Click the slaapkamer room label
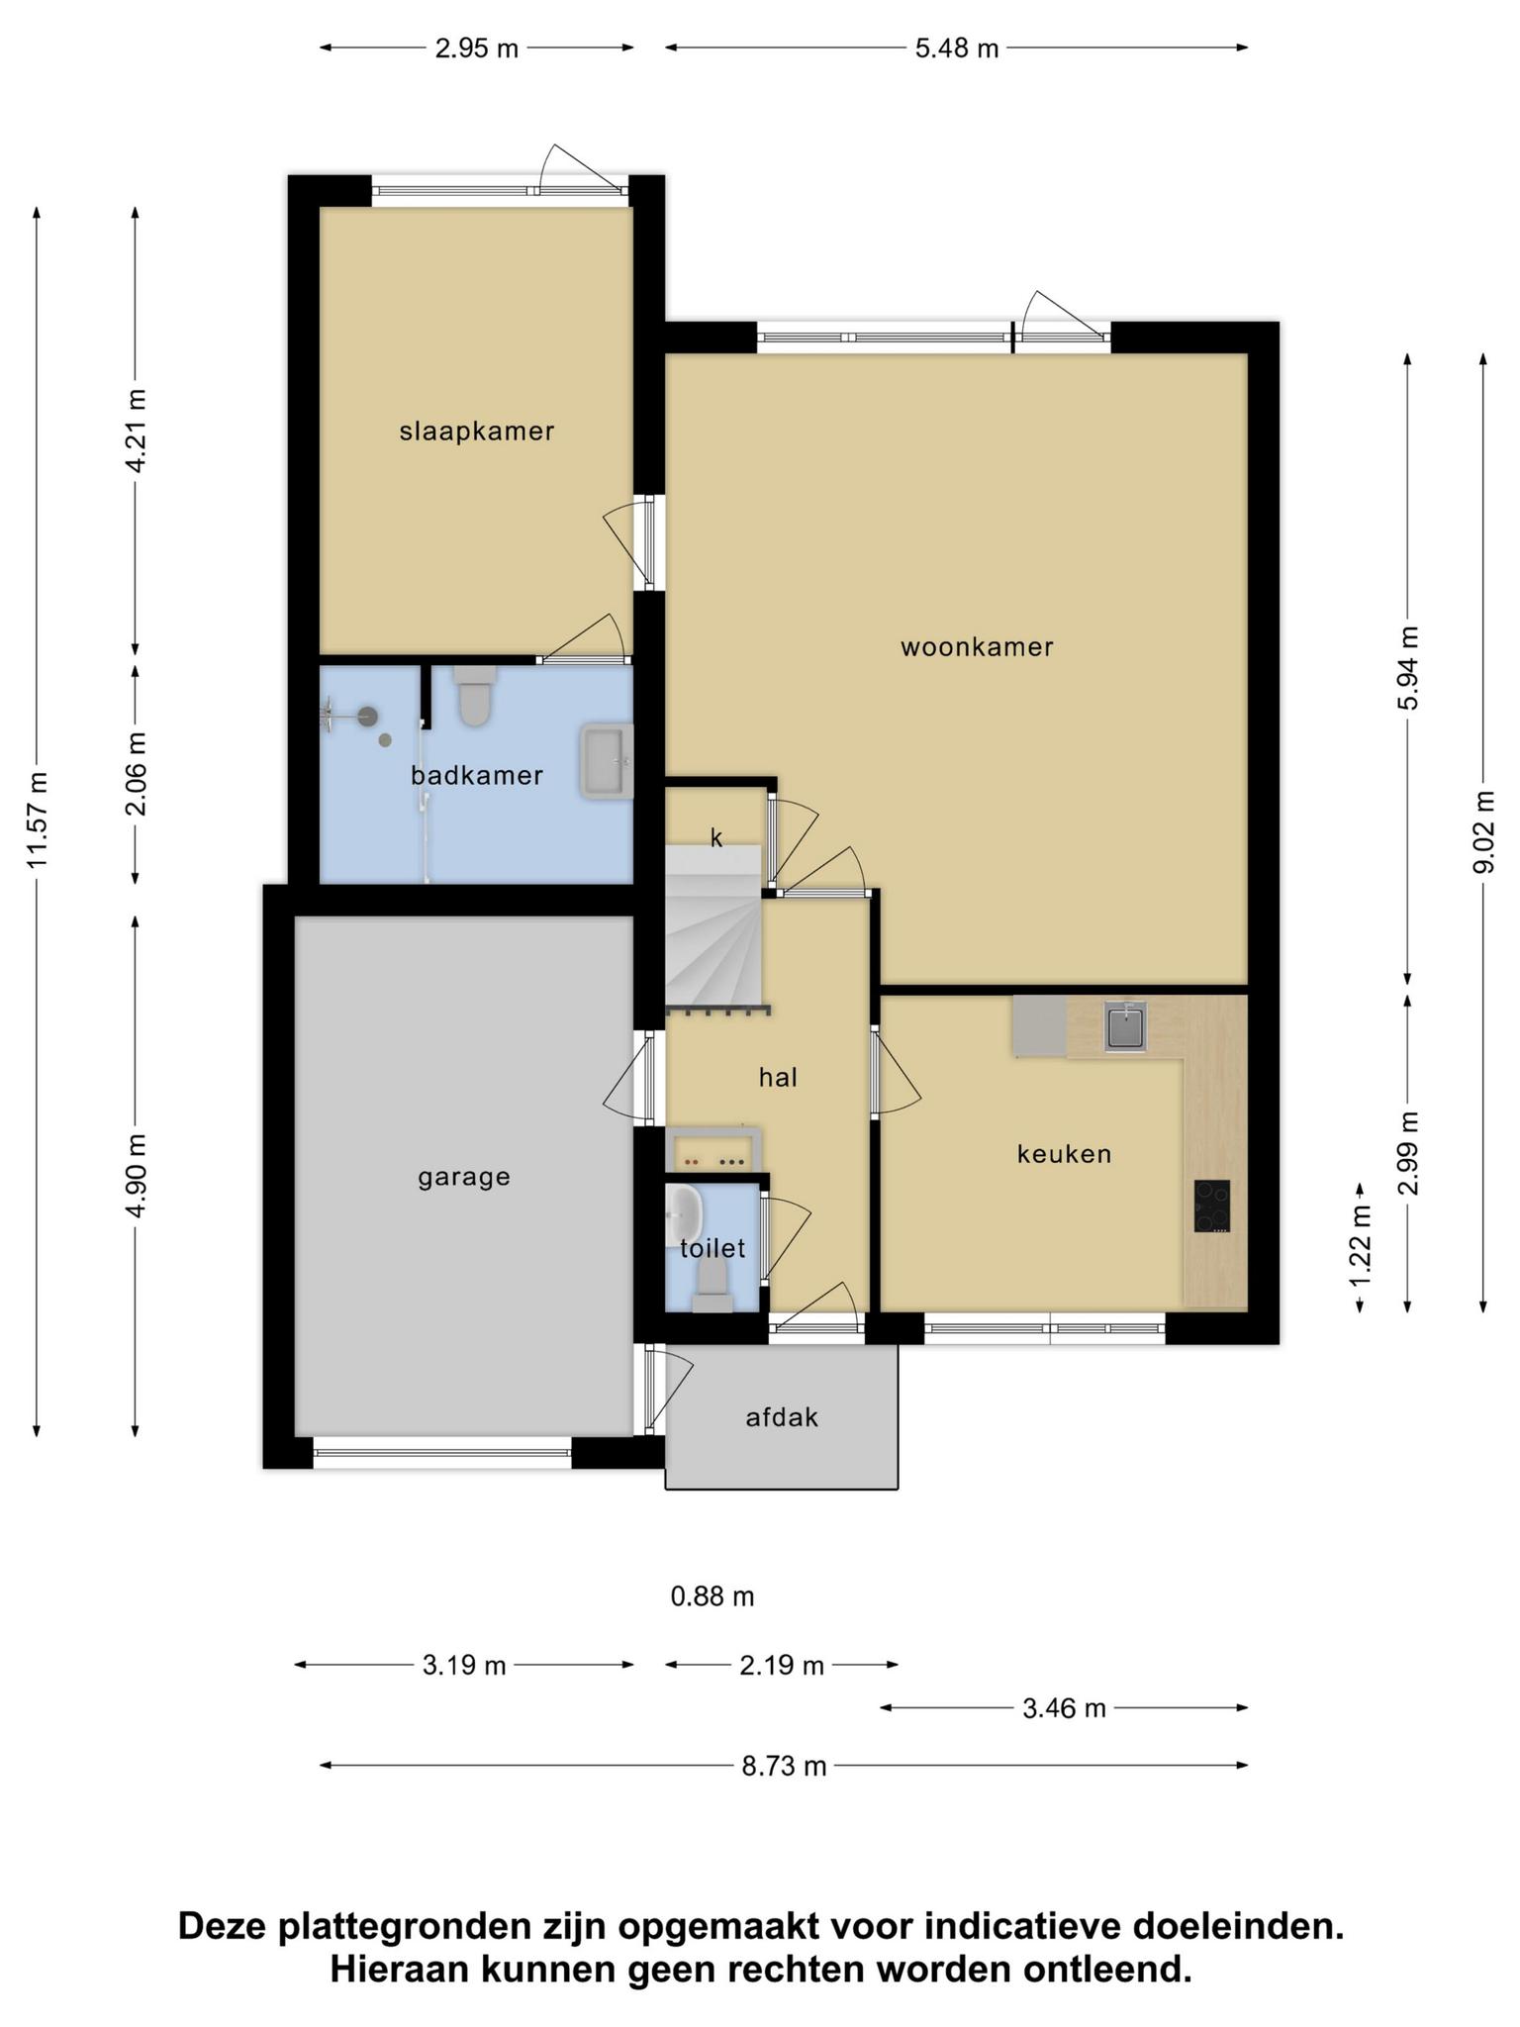pyautogui.click(x=476, y=432)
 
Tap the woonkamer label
pyautogui.click(x=977, y=647)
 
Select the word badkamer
pyautogui.click(x=477, y=775)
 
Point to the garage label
pyautogui.click(x=464, y=1178)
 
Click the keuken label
pyautogui.click(x=1064, y=1154)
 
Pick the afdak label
pyautogui.click(x=782, y=1417)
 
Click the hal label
pyautogui.click(x=778, y=1078)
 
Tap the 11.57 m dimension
pyautogui.click(x=38, y=820)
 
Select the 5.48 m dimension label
pyautogui.click(x=956, y=48)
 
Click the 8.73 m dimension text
pyautogui.click(x=784, y=1766)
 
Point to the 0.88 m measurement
pyautogui.click(x=712, y=1596)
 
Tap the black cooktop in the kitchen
pyautogui.click(x=1212, y=1206)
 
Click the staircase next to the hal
pyautogui.click(x=713, y=927)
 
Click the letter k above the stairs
pyautogui.click(x=716, y=838)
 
